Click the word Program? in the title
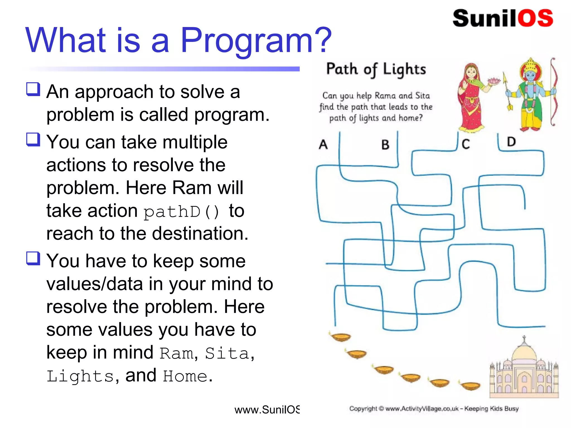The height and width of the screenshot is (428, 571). (x=256, y=40)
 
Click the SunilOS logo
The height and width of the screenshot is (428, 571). (x=503, y=18)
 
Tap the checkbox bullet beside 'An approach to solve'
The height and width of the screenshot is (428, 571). (x=33, y=89)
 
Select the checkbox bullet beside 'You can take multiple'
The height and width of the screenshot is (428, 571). (x=33, y=139)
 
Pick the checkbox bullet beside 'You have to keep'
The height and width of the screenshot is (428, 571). (x=33, y=258)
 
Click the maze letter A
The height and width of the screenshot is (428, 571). (x=323, y=144)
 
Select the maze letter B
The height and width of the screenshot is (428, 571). (x=385, y=145)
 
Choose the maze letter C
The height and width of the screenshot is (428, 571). (x=466, y=144)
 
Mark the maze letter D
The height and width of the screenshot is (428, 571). (x=511, y=142)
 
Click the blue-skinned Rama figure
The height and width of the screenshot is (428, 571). (x=530, y=95)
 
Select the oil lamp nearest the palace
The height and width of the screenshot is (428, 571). (x=471, y=386)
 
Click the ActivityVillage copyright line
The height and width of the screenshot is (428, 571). (x=434, y=409)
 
